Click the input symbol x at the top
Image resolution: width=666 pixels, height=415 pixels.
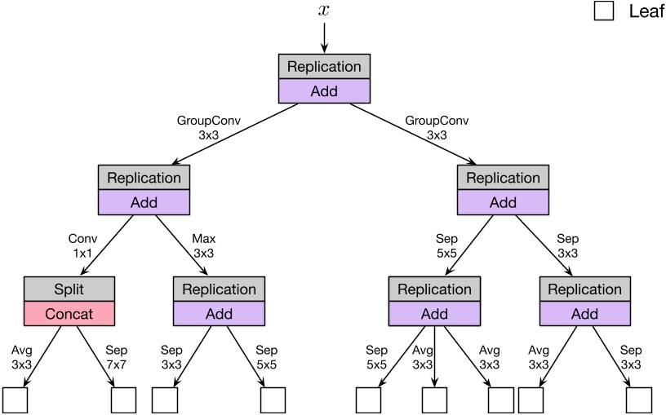click(324, 10)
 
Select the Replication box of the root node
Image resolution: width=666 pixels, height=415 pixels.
click(324, 66)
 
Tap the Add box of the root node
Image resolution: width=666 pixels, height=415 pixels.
click(324, 91)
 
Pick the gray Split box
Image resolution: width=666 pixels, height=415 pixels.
click(69, 289)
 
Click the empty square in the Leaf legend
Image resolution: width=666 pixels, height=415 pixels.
click(604, 11)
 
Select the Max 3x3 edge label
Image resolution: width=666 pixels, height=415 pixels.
click(204, 247)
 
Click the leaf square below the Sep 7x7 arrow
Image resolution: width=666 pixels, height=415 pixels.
click(124, 400)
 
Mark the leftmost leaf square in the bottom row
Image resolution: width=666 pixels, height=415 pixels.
click(16, 400)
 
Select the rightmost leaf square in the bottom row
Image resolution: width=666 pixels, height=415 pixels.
click(639, 400)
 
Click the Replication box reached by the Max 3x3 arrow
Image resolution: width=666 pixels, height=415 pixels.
click(219, 289)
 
